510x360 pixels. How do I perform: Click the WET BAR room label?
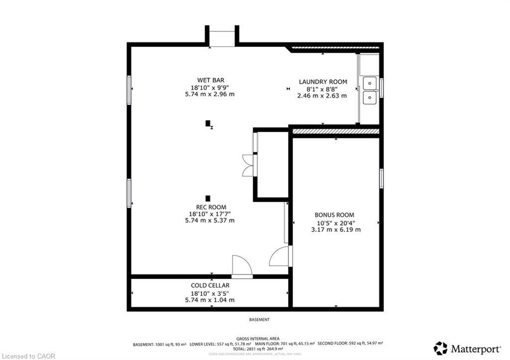210,80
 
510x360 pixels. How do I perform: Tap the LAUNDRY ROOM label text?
323,82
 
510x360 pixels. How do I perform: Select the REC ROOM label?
210,207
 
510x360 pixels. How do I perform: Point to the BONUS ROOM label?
335,215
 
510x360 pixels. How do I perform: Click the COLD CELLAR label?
210,285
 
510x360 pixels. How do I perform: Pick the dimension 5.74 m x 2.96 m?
210,94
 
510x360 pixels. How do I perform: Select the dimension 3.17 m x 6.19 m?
335,230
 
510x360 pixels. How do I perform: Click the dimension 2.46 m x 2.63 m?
322,96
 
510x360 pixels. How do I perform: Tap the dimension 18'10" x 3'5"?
210,293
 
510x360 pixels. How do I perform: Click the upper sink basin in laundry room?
370,82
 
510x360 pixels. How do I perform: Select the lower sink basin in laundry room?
370,98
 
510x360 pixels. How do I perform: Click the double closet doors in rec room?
248,166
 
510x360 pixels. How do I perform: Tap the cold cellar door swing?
242,266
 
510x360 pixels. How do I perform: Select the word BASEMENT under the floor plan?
259,320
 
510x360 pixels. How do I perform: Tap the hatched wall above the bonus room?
336,131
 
